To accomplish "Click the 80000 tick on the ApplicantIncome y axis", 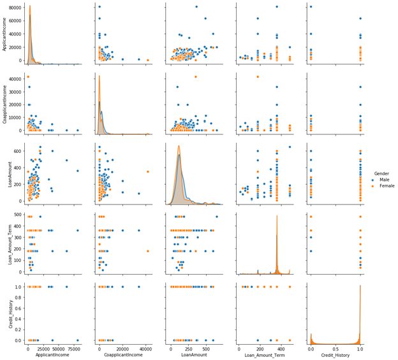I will coord(15,6).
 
